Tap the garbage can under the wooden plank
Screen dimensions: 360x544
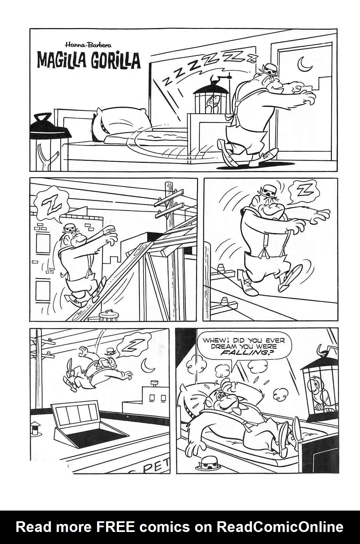pos(109,314)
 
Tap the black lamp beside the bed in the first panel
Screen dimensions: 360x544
pos(50,136)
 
